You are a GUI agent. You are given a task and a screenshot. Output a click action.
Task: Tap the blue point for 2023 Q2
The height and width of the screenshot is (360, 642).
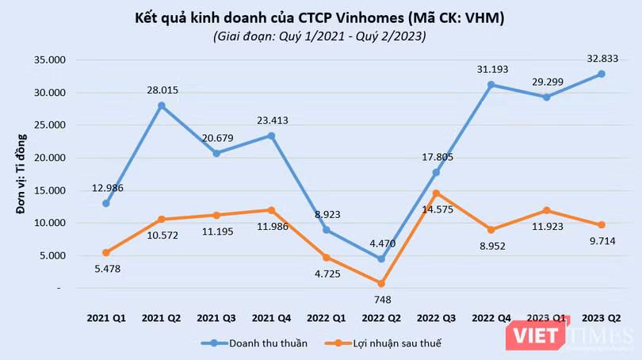[602, 74]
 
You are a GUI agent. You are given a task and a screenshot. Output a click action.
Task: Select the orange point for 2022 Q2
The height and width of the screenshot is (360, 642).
[381, 283]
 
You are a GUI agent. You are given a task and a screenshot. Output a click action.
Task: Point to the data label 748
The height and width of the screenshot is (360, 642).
[381, 300]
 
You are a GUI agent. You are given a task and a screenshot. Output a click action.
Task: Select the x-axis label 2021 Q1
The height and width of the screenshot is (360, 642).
[106, 317]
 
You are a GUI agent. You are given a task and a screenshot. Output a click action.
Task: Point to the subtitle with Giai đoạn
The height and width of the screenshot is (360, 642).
[319, 36]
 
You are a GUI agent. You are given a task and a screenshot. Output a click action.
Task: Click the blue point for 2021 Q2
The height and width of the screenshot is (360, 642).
[161, 105]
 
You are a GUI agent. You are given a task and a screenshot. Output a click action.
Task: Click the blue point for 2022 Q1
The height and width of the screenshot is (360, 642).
[327, 230]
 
